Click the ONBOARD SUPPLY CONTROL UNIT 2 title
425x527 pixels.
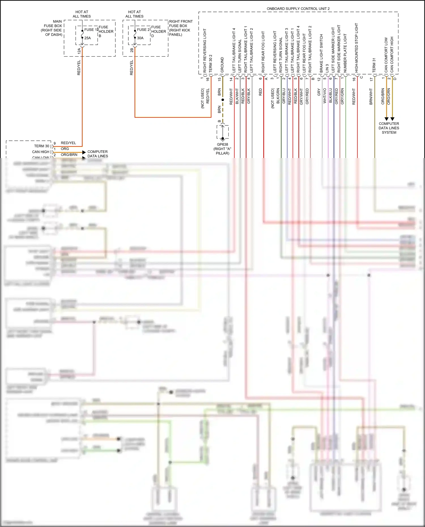pyautogui.click(x=298, y=9)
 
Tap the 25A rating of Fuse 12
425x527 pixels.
pyautogui.click(x=88, y=38)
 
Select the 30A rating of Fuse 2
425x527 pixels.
pyautogui.click(x=140, y=38)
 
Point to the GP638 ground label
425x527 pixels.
pyautogui.click(x=222, y=144)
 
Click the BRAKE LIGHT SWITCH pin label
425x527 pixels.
pyautogui.click(x=321, y=53)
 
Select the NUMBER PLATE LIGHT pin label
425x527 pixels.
pyautogui.click(x=345, y=53)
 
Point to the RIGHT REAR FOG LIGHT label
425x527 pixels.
pyautogui.click(x=263, y=52)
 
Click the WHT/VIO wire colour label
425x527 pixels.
pyautogui.click(x=325, y=95)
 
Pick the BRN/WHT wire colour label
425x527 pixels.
pyautogui.click(x=371, y=97)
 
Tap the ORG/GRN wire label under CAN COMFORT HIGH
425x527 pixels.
pyautogui.click(x=389, y=96)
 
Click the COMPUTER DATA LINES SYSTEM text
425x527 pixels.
pyautogui.click(x=389, y=128)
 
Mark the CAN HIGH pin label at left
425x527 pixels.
pyautogui.click(x=41, y=152)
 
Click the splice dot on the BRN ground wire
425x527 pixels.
pyautogui.click(x=223, y=100)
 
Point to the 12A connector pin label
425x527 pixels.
pyautogui.click(x=79, y=51)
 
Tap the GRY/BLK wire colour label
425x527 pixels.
pyautogui.click(x=249, y=96)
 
